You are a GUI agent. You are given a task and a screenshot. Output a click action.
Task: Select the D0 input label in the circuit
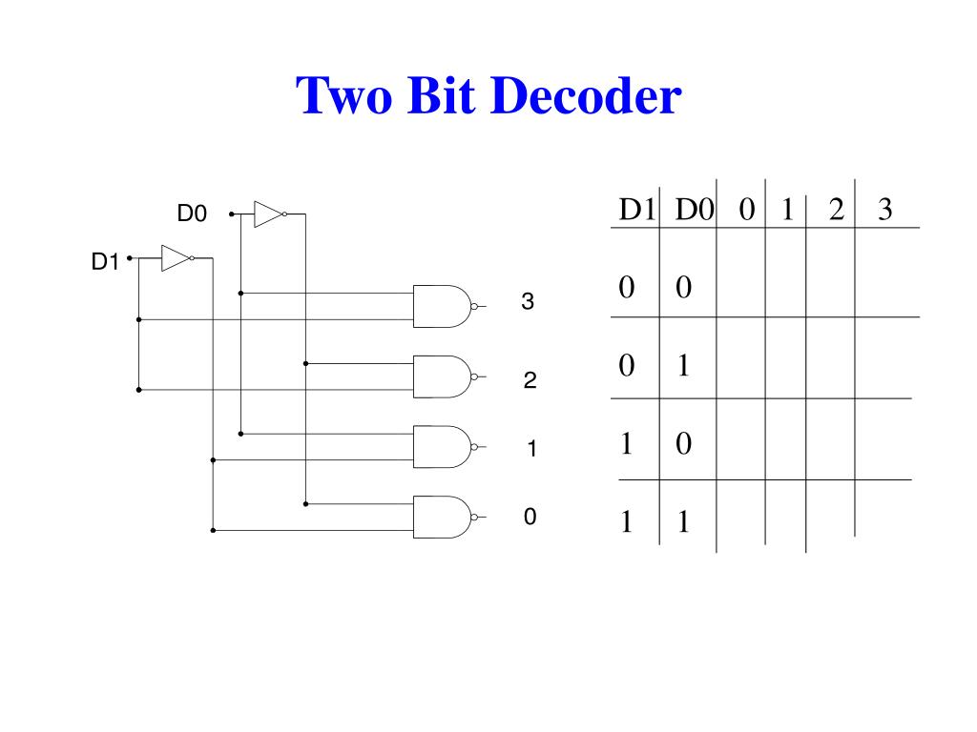(x=192, y=215)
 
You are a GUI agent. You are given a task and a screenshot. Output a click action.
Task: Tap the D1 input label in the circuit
(x=105, y=261)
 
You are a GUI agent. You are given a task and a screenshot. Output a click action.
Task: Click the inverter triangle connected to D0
(x=267, y=214)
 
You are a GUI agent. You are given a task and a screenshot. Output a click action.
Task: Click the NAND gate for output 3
(x=442, y=306)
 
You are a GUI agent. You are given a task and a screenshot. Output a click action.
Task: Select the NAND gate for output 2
(x=442, y=376)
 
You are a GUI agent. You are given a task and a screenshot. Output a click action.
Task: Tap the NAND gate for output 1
(x=442, y=446)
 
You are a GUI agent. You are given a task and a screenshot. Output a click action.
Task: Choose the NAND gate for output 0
(x=442, y=517)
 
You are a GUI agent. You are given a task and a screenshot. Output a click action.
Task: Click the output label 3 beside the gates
(x=528, y=303)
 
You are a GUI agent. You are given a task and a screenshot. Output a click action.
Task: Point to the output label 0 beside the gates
(x=530, y=518)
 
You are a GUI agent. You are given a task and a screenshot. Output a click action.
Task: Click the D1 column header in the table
(x=636, y=211)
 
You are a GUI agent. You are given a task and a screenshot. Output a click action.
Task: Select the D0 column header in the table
(x=695, y=211)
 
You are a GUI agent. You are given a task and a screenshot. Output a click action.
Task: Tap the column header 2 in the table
(x=836, y=211)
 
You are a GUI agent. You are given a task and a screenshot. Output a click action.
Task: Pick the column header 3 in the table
(x=884, y=211)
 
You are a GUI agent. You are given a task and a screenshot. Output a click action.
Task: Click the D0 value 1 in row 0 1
(x=683, y=366)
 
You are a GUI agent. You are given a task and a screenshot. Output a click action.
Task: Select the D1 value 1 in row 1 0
(x=626, y=444)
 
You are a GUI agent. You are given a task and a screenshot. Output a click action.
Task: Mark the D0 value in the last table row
(x=683, y=522)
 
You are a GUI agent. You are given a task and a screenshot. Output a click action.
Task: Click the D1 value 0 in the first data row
(x=626, y=288)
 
